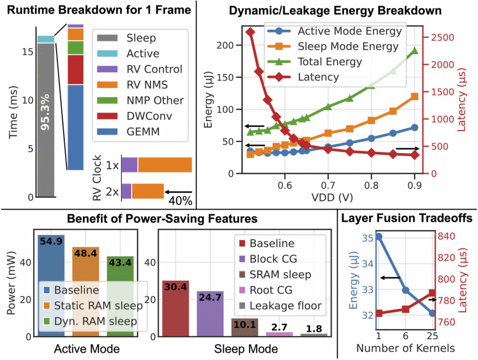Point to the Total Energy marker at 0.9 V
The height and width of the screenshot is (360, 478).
(414, 51)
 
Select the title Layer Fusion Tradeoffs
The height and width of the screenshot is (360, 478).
(407, 219)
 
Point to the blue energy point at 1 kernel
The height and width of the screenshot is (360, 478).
(379, 237)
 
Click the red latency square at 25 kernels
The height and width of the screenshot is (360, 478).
(433, 293)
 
